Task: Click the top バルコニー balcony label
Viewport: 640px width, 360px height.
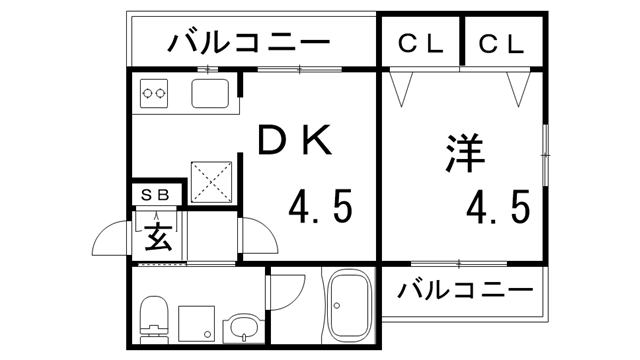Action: pos(250,43)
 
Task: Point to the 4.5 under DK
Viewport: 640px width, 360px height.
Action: pos(321,208)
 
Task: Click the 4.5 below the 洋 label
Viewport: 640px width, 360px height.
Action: pos(497,208)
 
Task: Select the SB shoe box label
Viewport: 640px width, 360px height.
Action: pos(159,194)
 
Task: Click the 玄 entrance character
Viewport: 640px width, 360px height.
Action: pos(157,237)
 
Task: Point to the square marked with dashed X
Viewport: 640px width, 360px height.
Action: pos(211,180)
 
